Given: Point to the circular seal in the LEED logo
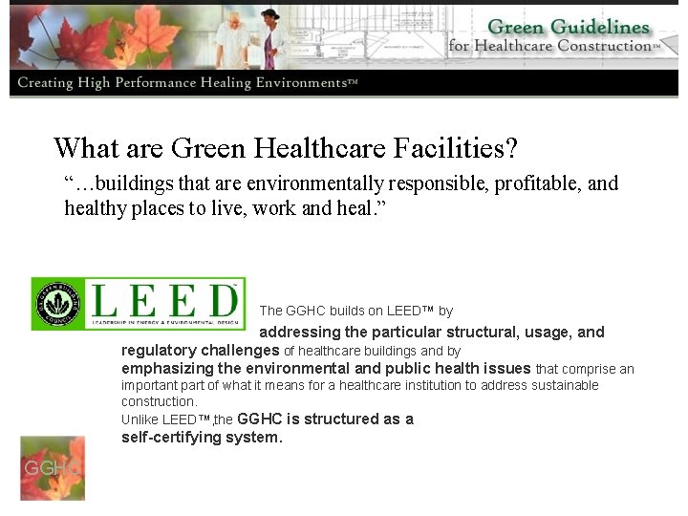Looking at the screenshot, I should (57, 304).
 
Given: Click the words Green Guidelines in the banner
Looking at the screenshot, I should (568, 27).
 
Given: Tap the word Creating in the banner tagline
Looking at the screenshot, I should (45, 83).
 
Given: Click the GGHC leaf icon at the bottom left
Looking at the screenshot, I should (53, 468).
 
